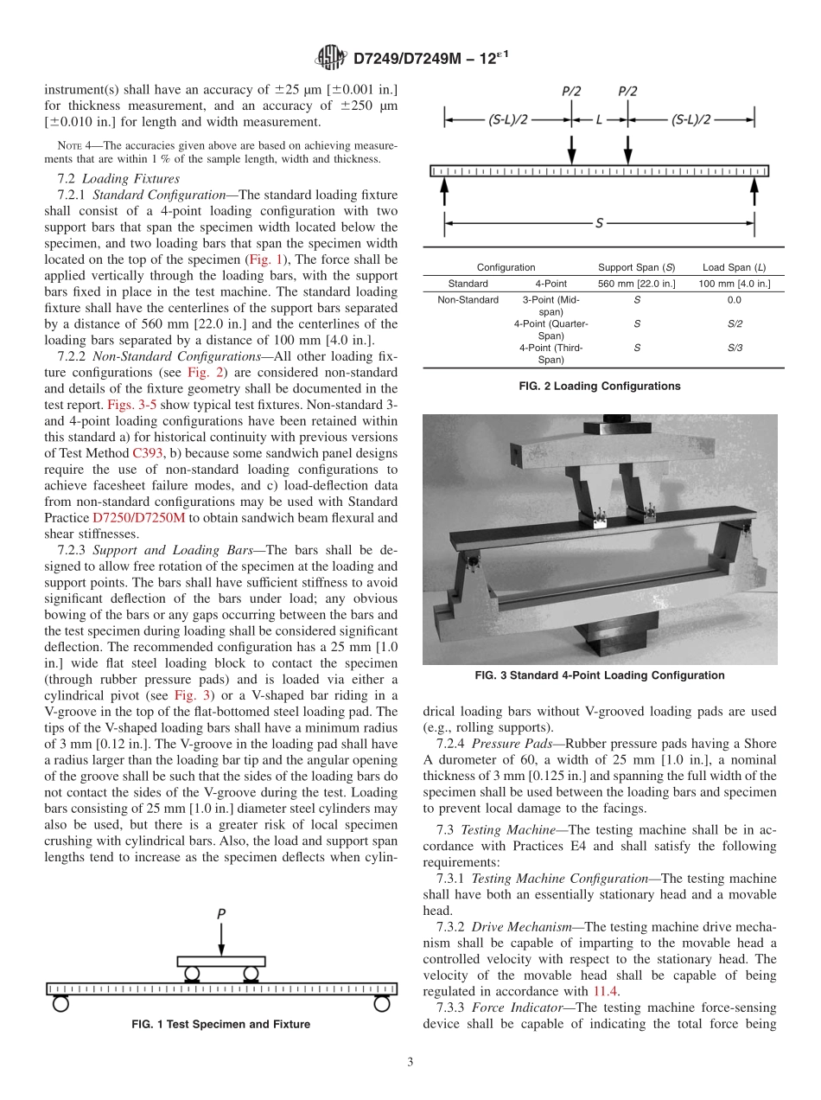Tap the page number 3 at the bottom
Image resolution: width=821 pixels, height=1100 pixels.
point(410,1062)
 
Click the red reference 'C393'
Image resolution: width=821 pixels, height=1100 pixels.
point(147,452)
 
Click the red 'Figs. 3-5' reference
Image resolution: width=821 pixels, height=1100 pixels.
point(132,404)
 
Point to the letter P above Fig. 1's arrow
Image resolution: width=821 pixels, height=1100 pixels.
point(222,912)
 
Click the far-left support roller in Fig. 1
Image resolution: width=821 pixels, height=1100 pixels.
point(60,1003)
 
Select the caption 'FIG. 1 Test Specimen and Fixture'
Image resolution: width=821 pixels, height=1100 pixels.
point(220,1024)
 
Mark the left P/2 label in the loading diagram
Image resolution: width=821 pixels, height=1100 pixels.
point(571,91)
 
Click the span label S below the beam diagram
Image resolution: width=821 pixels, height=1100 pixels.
point(599,224)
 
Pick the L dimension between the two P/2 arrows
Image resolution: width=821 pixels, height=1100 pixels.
point(599,120)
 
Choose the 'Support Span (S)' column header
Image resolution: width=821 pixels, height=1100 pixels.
point(636,267)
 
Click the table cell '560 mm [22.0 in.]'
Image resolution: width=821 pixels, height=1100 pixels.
point(636,284)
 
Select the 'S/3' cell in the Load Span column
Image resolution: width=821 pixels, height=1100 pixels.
point(734,347)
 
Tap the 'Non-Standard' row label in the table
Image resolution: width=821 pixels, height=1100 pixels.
point(468,300)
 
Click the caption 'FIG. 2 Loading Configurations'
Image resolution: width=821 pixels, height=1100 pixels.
point(599,387)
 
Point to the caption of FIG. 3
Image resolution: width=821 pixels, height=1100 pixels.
point(599,675)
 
